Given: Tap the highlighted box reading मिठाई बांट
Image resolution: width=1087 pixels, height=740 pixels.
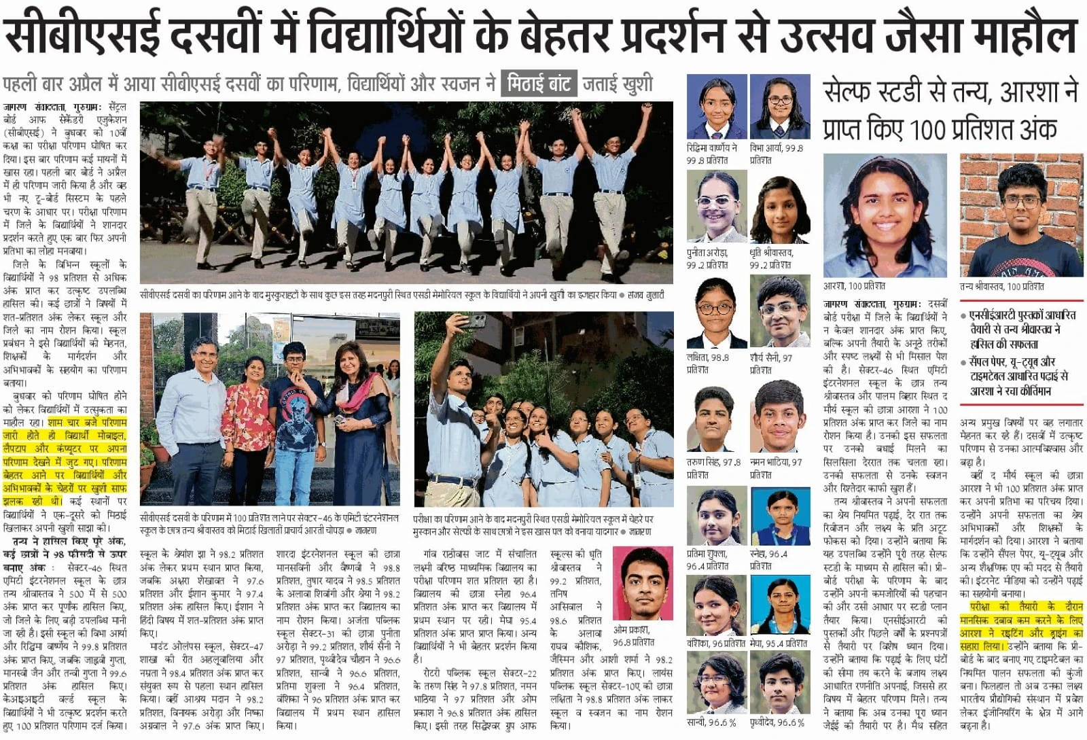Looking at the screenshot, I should pos(539,85).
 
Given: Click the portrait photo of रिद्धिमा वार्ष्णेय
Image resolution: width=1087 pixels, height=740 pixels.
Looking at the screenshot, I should pos(716,107).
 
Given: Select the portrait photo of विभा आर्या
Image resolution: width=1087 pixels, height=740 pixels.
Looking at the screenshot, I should pos(780,107).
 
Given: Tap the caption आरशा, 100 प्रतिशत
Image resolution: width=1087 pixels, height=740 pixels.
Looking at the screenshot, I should pos(854,287).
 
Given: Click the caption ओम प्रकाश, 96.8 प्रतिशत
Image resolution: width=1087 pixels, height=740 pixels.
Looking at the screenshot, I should pos(633,636).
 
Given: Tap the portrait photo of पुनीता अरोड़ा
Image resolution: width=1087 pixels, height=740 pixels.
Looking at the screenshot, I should pos(716,207).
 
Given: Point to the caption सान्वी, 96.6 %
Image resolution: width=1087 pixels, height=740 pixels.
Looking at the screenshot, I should pos(711,723).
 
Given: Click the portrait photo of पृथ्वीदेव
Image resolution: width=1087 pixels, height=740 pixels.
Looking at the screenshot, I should pos(780,684).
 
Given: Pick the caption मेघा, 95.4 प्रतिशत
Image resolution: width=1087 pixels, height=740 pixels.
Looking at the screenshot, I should pos(779,643).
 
